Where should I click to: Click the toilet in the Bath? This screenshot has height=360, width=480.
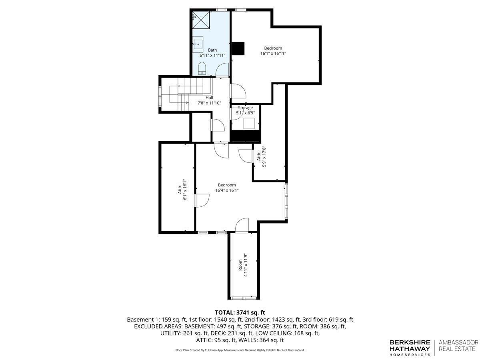click(202, 68)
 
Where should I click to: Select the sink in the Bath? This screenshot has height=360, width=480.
click(198, 44)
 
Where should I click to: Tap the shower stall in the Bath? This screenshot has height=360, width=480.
click(201, 20)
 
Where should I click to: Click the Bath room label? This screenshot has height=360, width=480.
click(212, 50)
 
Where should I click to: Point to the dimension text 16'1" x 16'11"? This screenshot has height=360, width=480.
click(273, 53)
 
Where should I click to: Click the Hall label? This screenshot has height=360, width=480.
click(209, 98)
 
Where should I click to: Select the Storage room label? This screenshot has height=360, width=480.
click(245, 108)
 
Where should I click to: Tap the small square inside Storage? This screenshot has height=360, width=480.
click(249, 124)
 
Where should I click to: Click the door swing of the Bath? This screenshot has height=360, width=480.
click(222, 70)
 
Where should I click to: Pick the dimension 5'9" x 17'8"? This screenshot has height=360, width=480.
click(264, 157)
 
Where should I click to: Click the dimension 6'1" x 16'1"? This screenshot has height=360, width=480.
click(185, 190)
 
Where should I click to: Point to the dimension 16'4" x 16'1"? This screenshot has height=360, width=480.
click(227, 190)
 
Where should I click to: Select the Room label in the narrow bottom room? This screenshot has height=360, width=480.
click(240, 265)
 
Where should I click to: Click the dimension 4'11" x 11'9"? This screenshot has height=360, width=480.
click(246, 266)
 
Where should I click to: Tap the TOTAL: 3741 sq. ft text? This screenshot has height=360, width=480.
click(240, 312)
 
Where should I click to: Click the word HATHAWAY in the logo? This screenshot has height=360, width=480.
click(410, 348)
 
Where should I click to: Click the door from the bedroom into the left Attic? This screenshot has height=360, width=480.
click(202, 200)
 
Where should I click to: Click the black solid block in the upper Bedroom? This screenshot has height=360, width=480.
click(238, 48)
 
